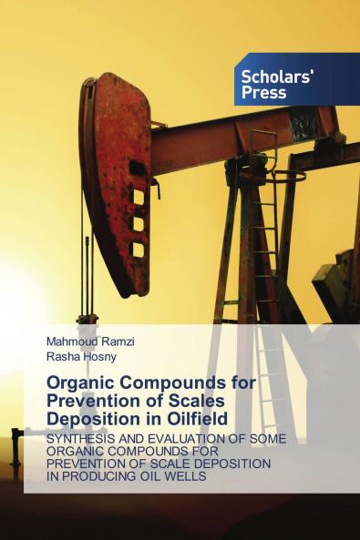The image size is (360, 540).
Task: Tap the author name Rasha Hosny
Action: [79, 358]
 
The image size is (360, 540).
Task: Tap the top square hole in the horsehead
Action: [139, 195]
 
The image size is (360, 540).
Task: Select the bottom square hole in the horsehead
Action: [139, 249]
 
